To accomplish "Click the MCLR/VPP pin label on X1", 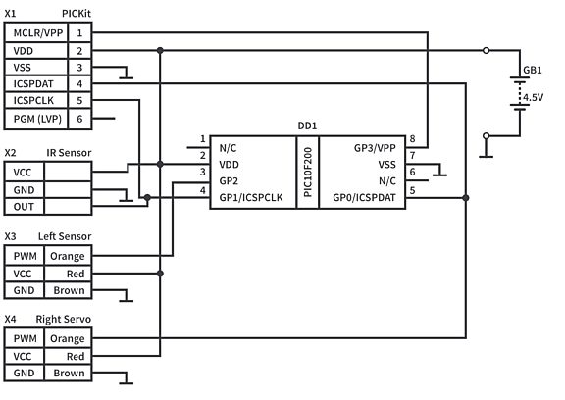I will tap(36, 32).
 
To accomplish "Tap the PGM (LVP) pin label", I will tap(36, 119).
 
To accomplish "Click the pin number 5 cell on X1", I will tap(79, 101).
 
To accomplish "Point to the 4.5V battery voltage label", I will tap(533, 98).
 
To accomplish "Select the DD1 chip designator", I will tap(306, 127).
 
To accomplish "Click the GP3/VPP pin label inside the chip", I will tap(377, 147).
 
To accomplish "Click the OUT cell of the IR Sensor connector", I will tap(24, 207).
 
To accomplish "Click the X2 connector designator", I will tap(10, 153).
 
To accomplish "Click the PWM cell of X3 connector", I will tap(24, 256).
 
